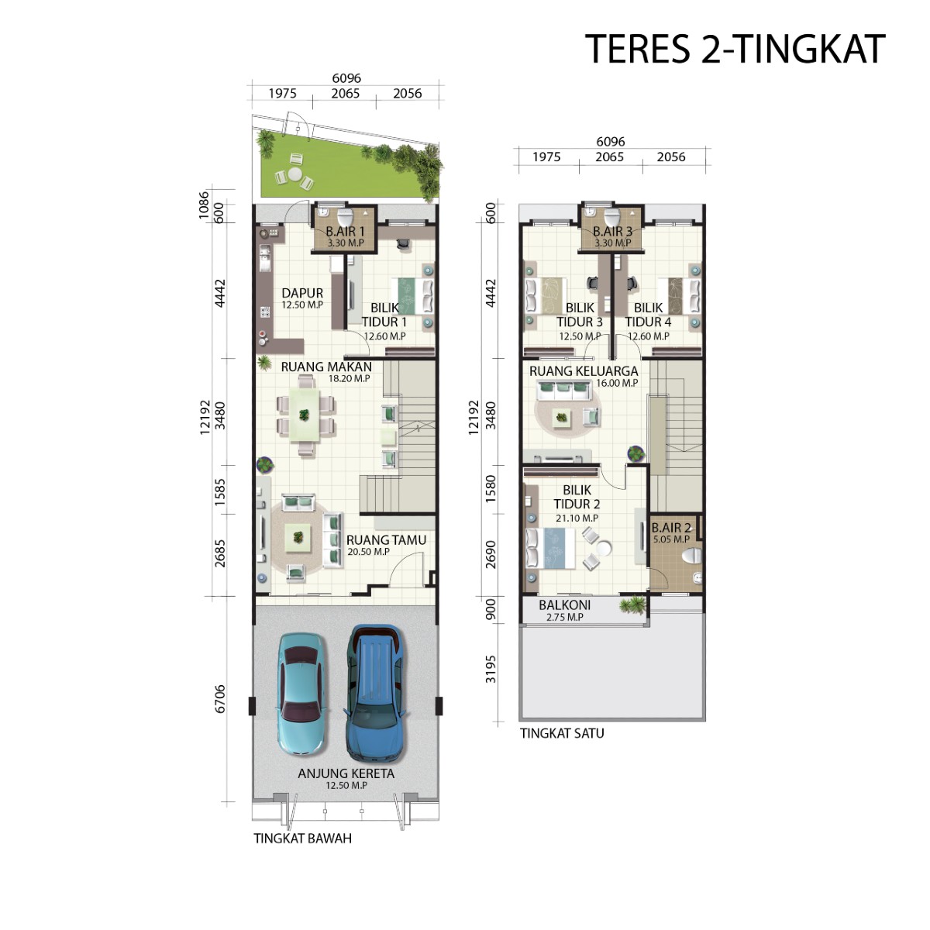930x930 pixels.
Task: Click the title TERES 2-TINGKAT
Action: coord(734,50)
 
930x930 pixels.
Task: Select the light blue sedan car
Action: coord(301,694)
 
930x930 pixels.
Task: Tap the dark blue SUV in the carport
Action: coord(375,693)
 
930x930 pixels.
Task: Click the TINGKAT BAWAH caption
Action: coord(302,838)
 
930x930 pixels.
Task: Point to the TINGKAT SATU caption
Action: coord(562,733)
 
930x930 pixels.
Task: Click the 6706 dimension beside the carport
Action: coord(220,698)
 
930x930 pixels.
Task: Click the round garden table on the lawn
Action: coord(294,175)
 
